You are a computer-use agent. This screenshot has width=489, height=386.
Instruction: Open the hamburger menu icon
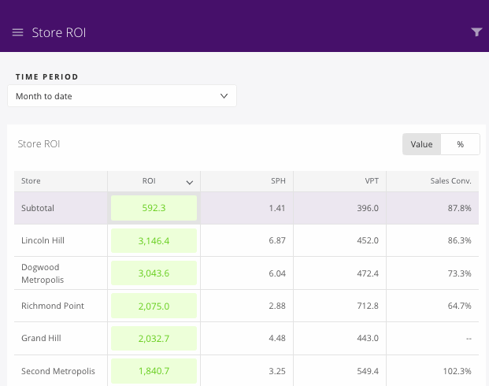17,32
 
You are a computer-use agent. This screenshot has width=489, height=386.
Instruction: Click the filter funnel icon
476,32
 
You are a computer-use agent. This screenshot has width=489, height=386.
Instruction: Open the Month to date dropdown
122,96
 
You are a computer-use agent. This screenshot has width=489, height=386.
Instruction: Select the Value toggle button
421,144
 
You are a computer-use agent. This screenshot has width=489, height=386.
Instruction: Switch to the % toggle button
460,144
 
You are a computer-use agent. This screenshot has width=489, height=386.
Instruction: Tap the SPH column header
277,181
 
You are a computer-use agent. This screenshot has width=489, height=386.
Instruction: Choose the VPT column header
372,181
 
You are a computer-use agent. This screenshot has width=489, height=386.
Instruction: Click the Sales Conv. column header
450,181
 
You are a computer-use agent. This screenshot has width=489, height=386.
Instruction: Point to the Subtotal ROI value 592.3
154,208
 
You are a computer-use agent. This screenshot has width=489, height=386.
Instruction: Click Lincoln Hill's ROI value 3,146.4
154,240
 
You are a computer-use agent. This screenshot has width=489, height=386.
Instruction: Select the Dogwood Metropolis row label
43,273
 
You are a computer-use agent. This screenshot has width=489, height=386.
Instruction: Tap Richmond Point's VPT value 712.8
367,306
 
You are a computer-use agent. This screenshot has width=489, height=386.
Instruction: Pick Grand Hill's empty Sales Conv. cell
467,338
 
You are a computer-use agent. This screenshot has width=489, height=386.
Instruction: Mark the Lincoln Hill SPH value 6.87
276,240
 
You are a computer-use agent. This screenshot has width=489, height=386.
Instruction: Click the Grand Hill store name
41,338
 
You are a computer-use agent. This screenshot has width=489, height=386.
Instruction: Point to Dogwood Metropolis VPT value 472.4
367,273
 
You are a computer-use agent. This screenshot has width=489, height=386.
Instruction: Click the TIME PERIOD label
46,77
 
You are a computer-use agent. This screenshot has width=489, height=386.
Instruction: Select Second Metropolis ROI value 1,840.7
154,371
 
